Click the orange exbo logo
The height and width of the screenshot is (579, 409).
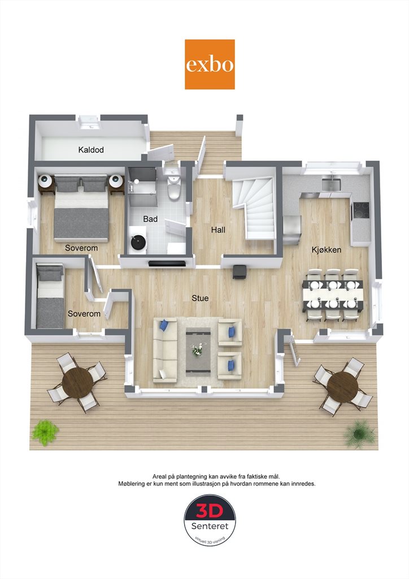tap(210, 64)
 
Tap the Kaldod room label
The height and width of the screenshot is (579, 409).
tap(91, 150)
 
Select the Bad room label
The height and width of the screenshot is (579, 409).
tap(150, 219)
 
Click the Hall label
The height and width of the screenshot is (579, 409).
tap(218, 230)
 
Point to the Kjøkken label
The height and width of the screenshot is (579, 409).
tap(327, 250)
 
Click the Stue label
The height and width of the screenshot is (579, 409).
tap(200, 298)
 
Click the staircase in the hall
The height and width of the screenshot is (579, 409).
tap(254, 209)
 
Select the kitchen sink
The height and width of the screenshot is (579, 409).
tap(330, 184)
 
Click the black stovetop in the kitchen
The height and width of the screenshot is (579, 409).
tap(361, 211)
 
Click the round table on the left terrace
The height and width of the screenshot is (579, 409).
tap(77, 382)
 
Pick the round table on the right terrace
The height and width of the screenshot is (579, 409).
tap(342, 386)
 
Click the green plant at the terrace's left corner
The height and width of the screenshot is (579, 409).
tap(45, 432)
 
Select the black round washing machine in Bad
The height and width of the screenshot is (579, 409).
tap(138, 242)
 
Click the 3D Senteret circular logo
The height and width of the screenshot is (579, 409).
tap(210, 520)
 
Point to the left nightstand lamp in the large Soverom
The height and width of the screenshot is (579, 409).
tap(46, 180)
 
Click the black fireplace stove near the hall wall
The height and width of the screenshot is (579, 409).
tap(240, 271)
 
